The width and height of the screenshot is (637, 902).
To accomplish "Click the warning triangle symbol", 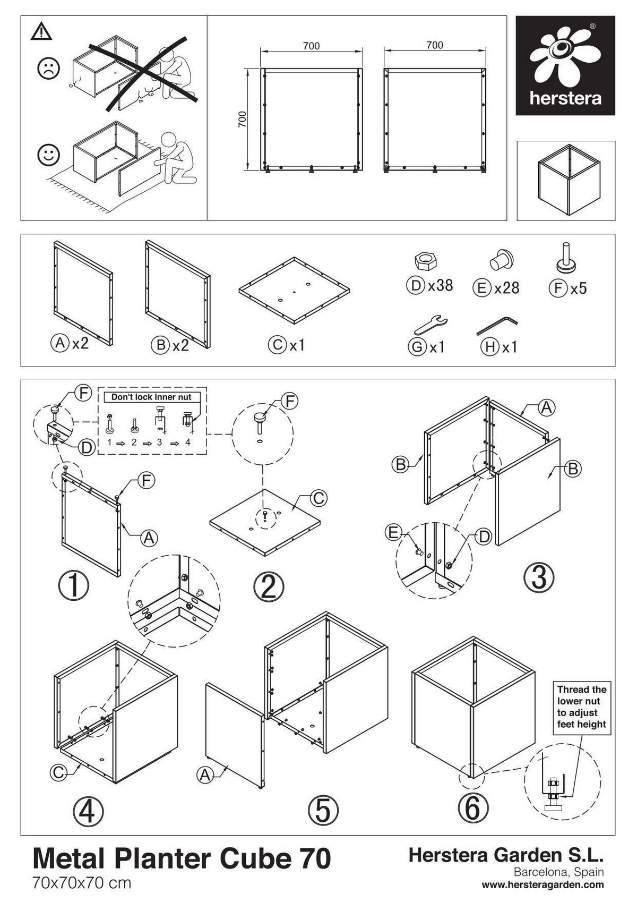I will (x=41, y=32).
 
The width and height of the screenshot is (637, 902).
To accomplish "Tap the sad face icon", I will (x=48, y=69).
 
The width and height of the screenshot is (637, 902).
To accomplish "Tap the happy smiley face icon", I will (x=48, y=155).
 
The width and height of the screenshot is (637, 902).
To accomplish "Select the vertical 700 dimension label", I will (x=243, y=120).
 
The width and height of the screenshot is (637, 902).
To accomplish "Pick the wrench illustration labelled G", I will (x=431, y=323).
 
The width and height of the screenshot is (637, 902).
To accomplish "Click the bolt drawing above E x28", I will (x=502, y=260).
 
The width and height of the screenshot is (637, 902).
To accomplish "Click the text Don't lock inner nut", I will (x=151, y=397).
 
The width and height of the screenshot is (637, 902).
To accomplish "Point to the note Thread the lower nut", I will (x=581, y=707).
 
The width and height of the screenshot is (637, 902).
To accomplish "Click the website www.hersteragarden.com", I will (x=543, y=884).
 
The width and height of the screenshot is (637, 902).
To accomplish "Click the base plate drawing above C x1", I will (x=294, y=290).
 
